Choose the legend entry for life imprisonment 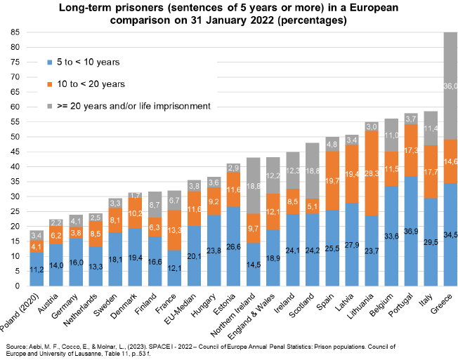[x=126, y=105]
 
